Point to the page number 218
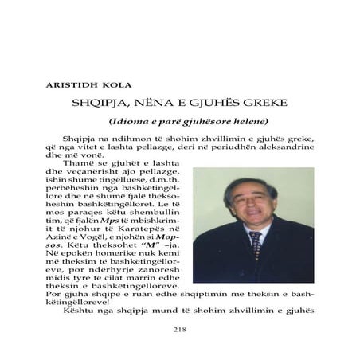tap(179, 327)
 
